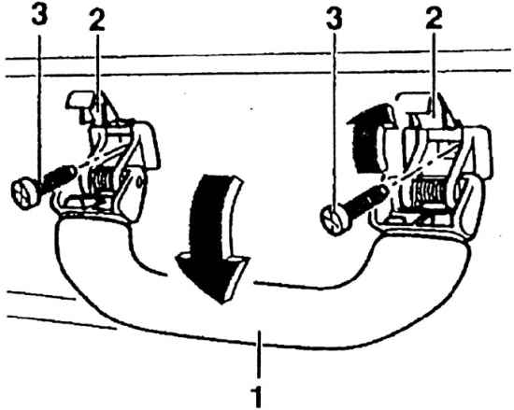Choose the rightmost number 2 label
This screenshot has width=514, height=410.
click(434, 17)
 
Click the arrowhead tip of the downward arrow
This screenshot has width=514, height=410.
click(221, 304)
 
